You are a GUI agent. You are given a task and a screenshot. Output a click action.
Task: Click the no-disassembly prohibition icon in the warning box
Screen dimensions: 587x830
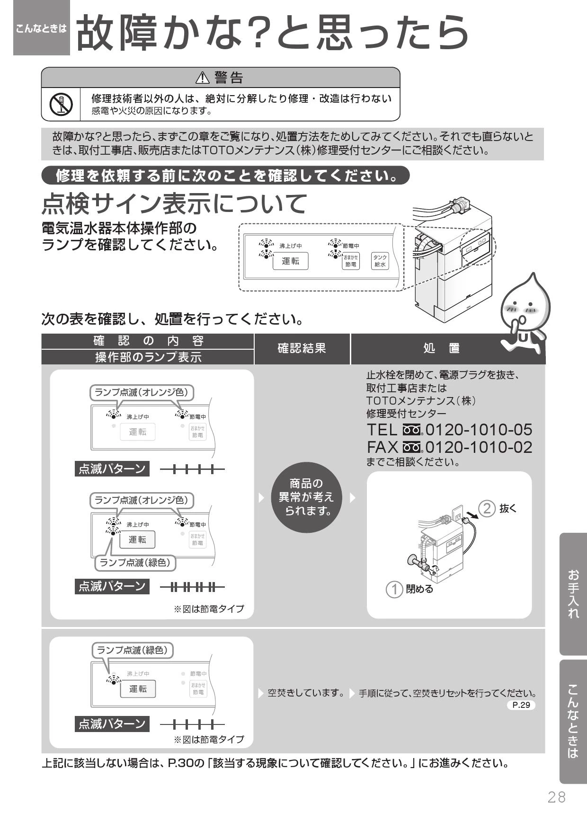61,104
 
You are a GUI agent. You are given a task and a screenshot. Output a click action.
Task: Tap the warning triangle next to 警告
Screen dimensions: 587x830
202,77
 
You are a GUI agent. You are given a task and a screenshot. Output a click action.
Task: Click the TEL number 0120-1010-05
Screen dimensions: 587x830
479,430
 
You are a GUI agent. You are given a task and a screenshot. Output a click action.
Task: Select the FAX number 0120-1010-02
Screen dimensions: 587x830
479,447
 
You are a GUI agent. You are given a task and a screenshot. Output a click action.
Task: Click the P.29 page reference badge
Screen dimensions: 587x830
521,705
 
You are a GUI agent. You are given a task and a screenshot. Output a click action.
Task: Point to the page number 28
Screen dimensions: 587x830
557,797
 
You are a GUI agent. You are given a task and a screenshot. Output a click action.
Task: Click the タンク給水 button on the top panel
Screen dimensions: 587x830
380,261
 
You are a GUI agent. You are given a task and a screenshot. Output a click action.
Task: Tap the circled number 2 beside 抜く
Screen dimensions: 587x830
487,509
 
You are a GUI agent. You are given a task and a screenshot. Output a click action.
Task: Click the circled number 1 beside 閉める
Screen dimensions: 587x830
394,590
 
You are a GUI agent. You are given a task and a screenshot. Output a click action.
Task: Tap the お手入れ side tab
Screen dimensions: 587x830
573,594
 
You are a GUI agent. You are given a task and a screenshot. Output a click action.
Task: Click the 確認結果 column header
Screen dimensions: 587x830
302,349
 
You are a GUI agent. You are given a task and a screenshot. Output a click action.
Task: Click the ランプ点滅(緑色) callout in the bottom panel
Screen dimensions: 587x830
133,650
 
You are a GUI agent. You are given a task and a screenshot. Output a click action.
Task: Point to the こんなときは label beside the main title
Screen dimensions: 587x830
42,28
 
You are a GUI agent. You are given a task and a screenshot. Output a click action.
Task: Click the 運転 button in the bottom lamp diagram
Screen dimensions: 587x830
138,689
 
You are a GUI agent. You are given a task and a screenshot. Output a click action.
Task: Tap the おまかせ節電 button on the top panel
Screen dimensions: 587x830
351,261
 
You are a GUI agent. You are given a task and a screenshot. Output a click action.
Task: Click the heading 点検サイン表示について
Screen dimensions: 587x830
174,203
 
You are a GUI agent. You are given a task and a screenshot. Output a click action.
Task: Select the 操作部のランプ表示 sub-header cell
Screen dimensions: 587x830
148,357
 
